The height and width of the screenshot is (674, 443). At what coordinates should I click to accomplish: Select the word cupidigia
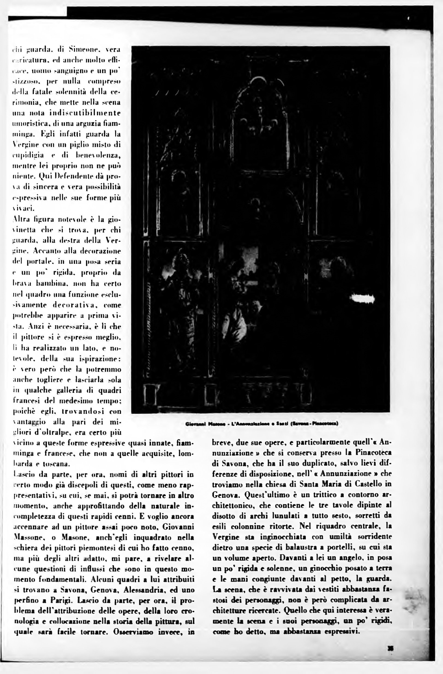point(28,155)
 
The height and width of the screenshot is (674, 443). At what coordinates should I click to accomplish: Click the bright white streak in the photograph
point(362,298)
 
